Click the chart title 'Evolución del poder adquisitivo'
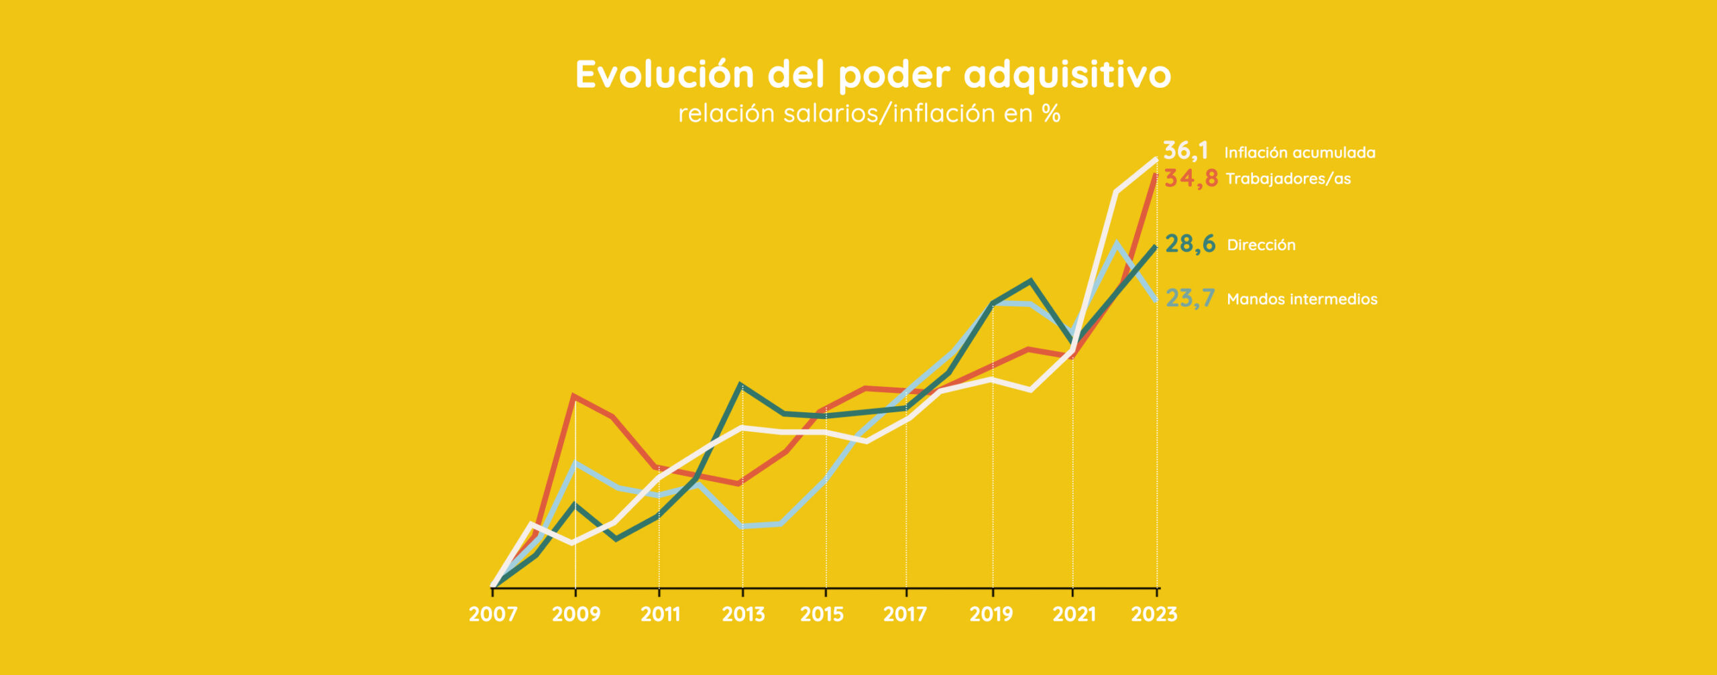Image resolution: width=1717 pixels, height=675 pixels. click(x=873, y=74)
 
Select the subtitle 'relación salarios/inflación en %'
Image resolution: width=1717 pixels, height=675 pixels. click(x=869, y=114)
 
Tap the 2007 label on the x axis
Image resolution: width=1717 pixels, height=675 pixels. click(x=493, y=614)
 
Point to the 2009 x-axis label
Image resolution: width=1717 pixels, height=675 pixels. click(x=576, y=614)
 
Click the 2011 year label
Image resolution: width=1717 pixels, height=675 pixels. click(x=660, y=614)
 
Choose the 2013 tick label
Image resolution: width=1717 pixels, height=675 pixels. click(x=743, y=614)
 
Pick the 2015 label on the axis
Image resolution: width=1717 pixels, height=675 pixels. click(x=822, y=614)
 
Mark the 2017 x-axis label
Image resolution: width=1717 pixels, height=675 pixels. click(x=905, y=614)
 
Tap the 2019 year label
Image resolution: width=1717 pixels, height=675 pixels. click(x=991, y=614)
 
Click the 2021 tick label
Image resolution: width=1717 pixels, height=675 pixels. click(x=1074, y=614)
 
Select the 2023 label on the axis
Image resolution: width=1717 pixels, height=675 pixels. click(x=1154, y=614)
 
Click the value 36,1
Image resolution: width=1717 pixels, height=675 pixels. click(x=1185, y=151)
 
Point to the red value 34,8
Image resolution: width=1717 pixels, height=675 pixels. click(x=1191, y=178)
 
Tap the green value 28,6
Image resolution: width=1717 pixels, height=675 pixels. click(x=1190, y=244)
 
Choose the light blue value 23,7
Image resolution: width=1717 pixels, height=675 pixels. click(x=1190, y=298)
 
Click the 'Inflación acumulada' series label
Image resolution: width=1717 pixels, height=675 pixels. click(x=1300, y=153)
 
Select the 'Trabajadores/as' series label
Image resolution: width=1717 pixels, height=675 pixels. click(x=1288, y=179)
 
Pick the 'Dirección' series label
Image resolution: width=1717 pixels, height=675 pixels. click(x=1262, y=245)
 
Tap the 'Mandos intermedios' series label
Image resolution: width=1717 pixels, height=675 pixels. click(x=1302, y=299)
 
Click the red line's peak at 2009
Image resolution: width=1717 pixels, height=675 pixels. click(x=575, y=396)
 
